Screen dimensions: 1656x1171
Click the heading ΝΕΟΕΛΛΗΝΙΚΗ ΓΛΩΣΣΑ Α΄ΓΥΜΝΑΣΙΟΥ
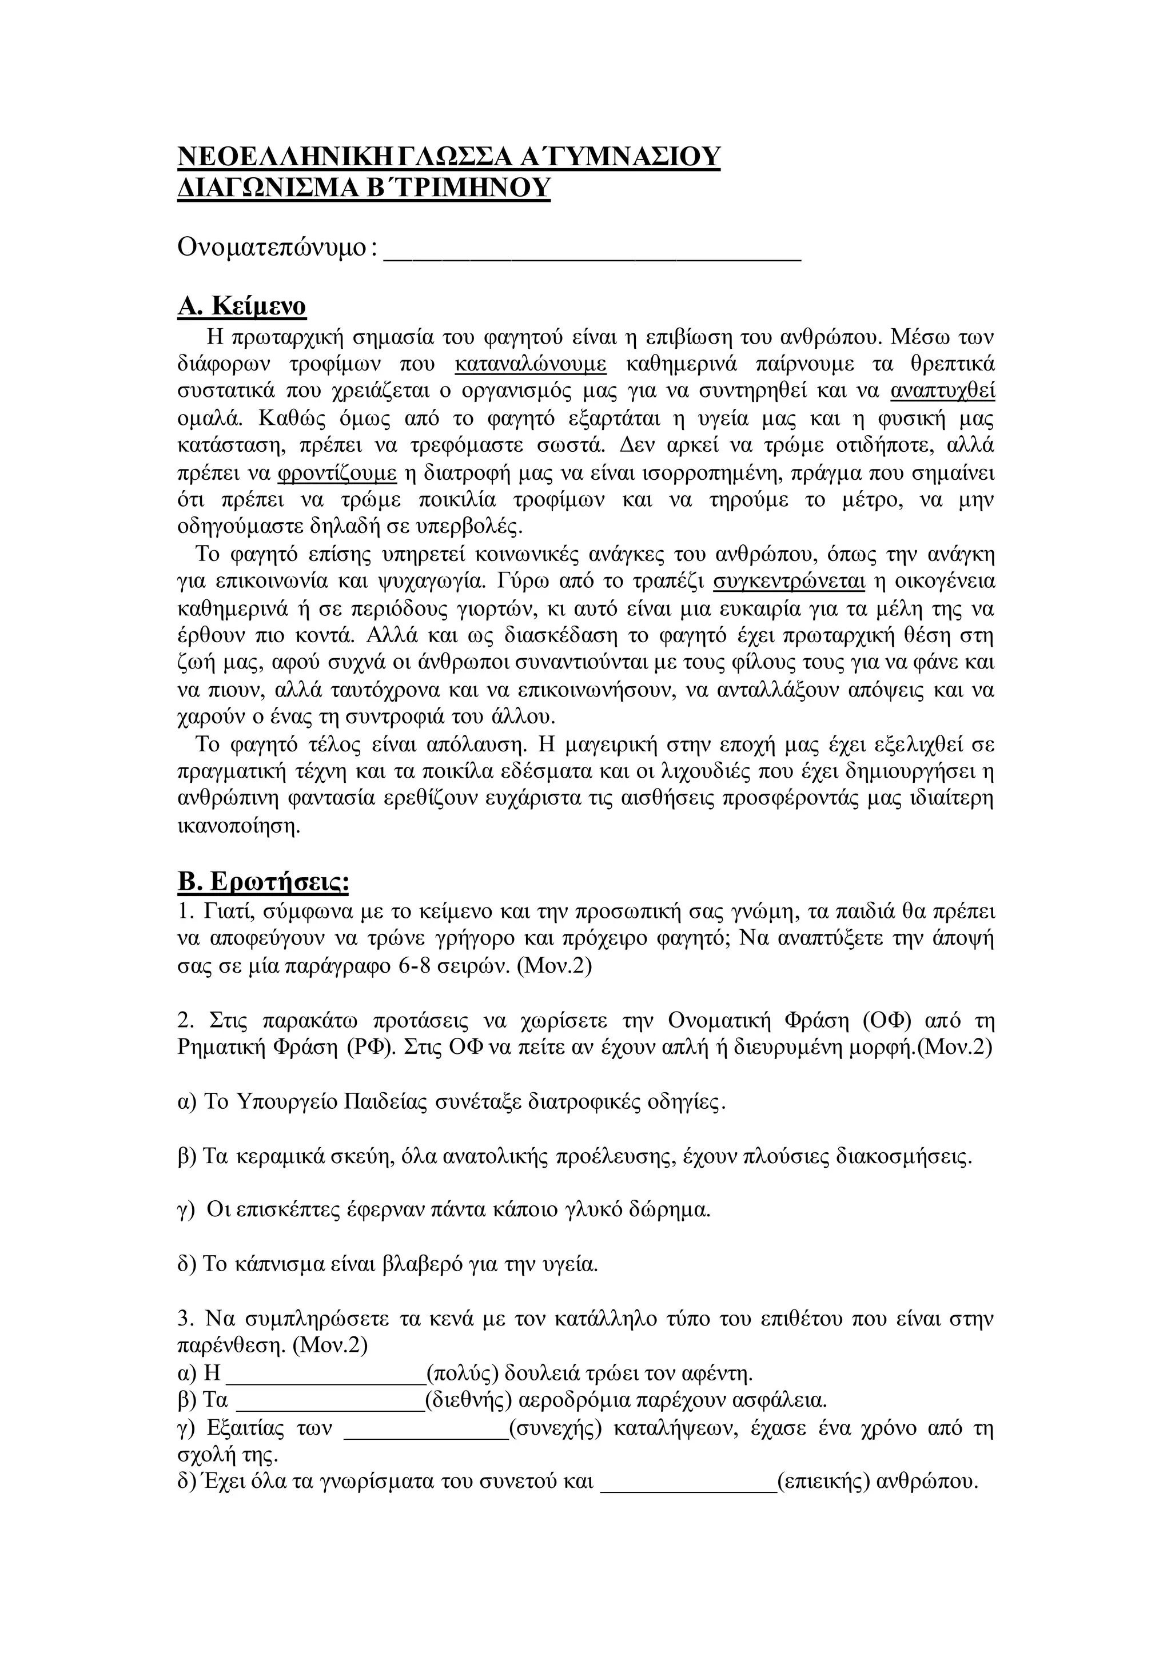point(448,157)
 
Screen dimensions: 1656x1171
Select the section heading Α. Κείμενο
point(241,306)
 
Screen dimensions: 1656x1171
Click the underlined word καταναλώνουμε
point(531,364)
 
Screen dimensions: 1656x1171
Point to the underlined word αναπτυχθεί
point(942,392)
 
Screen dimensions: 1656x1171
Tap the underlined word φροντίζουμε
point(337,473)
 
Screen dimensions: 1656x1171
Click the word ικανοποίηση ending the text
point(238,826)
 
